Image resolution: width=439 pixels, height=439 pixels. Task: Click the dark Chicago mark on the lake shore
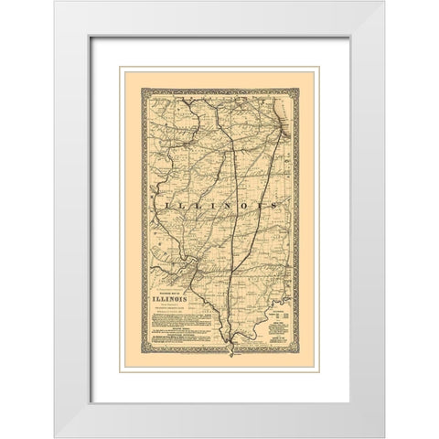pyautogui.click(x=284, y=134)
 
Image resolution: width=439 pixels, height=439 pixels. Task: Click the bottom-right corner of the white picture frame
pyautogui.click(x=384, y=436)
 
